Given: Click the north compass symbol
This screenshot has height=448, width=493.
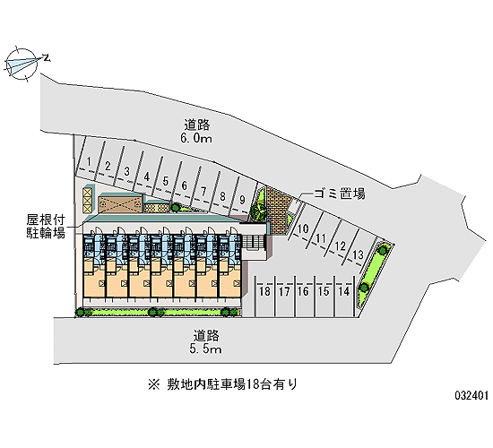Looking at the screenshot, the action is [x=22, y=64].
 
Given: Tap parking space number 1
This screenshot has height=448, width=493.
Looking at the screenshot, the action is [x=89, y=162].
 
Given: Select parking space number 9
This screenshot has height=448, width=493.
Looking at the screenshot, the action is [x=242, y=200].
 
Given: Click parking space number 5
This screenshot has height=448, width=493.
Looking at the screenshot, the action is [x=166, y=181].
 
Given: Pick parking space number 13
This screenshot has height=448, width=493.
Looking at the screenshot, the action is [x=358, y=254].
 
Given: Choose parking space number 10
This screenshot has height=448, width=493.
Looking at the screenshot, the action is [x=303, y=228].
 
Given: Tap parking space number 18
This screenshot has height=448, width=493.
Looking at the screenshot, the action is [x=264, y=291].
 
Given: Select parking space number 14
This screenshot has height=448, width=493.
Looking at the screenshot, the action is [x=344, y=291].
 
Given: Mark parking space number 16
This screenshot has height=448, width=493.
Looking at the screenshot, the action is [x=303, y=291].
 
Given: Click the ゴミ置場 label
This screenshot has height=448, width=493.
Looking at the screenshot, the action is [x=340, y=194].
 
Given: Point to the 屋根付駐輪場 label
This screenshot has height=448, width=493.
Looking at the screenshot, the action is [x=46, y=226].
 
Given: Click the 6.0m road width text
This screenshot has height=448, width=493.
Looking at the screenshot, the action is [x=196, y=138].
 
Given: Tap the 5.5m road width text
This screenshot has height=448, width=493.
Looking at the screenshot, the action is [x=205, y=349].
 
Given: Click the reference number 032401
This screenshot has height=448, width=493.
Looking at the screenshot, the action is [x=471, y=395].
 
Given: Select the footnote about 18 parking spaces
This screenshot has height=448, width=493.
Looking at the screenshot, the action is [x=222, y=384].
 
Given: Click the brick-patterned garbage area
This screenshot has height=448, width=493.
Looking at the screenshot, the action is [x=278, y=210].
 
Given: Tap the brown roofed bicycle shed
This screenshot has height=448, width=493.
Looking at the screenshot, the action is [x=120, y=205].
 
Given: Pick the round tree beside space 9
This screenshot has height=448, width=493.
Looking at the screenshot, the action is [x=259, y=212].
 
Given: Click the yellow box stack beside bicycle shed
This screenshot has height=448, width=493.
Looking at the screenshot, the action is [x=88, y=201].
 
